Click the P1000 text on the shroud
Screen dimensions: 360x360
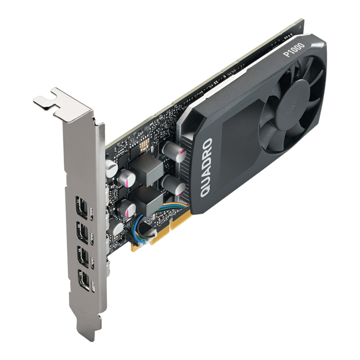coord(294,49)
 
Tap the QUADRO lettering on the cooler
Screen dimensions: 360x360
coord(206,167)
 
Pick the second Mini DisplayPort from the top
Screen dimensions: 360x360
coord(83,232)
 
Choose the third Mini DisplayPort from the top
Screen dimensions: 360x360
coord(83,257)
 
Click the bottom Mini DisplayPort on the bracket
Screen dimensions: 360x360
coord(84,281)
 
